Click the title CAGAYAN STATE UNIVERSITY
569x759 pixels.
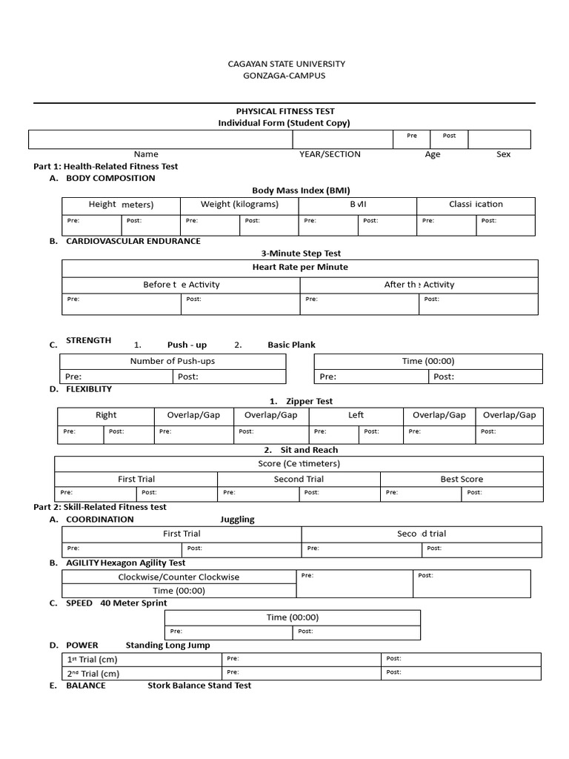tap(285, 64)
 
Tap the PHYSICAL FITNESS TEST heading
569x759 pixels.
tap(285, 111)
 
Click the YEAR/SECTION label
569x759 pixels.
tap(330, 154)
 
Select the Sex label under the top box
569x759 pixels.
tap(503, 154)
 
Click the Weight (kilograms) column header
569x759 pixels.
tap(239, 205)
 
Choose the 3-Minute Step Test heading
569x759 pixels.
tap(301, 253)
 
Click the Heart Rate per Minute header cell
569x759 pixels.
tap(300, 267)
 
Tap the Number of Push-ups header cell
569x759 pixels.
tap(173, 361)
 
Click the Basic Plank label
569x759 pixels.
tap(291, 345)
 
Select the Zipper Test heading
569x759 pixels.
tap(309, 401)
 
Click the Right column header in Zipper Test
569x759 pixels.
tap(106, 415)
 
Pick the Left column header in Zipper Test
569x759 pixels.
tap(356, 415)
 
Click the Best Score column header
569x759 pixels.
tap(462, 479)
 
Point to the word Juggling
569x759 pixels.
tap(237, 520)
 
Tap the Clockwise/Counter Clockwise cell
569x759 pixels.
tap(179, 577)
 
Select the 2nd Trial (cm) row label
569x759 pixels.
tap(93, 674)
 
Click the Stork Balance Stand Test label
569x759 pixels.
tap(199, 686)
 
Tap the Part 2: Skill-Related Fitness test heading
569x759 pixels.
tap(100, 507)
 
